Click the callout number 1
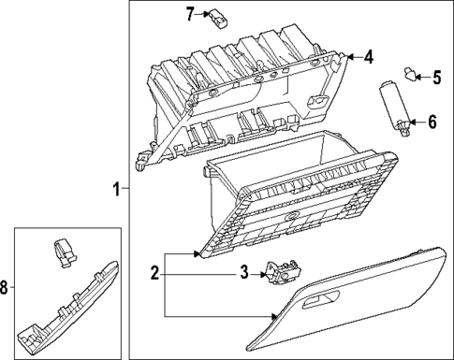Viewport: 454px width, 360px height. point(117,189)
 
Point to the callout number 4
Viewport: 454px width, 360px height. point(369,57)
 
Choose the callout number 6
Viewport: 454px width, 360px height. point(432,122)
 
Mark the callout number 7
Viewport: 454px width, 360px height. point(189,14)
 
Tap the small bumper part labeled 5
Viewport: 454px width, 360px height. point(410,73)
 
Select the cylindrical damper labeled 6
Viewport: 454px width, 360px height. point(393,103)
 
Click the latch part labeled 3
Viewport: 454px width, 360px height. point(279,271)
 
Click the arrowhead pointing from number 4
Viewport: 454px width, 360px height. point(352,57)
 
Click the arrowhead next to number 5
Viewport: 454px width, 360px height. point(422,78)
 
